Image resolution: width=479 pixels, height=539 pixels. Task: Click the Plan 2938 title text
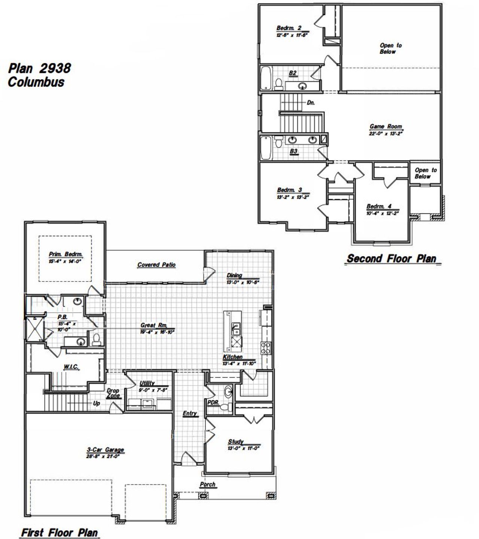point(40,68)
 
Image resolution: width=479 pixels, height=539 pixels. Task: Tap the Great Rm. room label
point(153,325)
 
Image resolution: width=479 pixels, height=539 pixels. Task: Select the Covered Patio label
point(156,265)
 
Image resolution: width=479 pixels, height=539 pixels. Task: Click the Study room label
point(235,442)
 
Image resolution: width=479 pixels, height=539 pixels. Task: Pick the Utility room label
point(147,383)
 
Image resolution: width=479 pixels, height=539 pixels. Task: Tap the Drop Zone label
point(113,393)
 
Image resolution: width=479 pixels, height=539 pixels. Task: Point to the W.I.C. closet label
point(71,367)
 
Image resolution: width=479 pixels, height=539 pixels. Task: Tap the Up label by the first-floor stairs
point(96,404)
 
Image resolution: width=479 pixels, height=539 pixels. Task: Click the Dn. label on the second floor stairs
point(311,102)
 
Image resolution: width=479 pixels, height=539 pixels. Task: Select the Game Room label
point(385,127)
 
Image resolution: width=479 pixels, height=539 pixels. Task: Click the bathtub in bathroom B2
point(266,78)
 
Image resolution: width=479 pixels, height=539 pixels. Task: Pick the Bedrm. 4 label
point(379,206)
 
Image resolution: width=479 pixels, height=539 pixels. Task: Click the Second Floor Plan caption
point(391,258)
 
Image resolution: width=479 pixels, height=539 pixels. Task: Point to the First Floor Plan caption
point(59,532)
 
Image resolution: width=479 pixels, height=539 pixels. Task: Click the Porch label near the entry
point(207,484)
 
